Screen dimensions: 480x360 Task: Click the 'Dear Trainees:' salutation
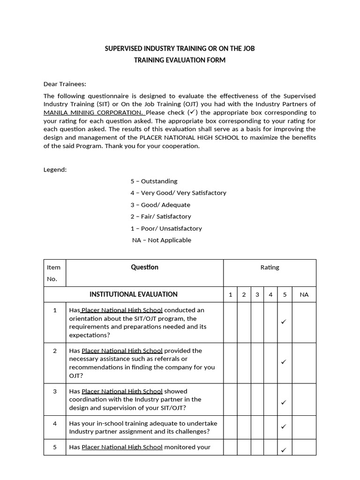(65, 84)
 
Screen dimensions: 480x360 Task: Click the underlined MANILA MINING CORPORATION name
(94, 112)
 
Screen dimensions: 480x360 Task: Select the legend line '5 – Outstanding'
(154, 181)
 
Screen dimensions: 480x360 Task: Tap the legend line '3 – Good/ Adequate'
(160, 205)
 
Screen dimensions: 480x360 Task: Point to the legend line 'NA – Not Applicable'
(162, 240)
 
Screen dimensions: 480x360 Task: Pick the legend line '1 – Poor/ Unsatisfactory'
(166, 228)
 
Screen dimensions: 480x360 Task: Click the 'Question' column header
(144, 267)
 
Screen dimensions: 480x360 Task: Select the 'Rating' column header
(270, 267)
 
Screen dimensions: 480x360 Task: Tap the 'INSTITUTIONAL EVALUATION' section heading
(134, 294)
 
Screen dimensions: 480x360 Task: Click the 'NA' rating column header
(304, 295)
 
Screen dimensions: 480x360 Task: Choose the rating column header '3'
(257, 295)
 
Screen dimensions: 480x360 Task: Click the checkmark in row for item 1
(284, 322)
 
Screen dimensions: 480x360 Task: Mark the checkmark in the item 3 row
(284, 402)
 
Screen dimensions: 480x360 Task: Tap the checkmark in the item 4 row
(284, 427)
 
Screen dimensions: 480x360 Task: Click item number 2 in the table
(55, 351)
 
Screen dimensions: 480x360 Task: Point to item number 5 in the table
(55, 447)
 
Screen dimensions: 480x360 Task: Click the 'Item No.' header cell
(54, 273)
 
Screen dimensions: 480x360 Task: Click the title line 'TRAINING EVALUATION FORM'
(180, 60)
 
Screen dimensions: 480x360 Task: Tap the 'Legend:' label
(55, 169)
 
